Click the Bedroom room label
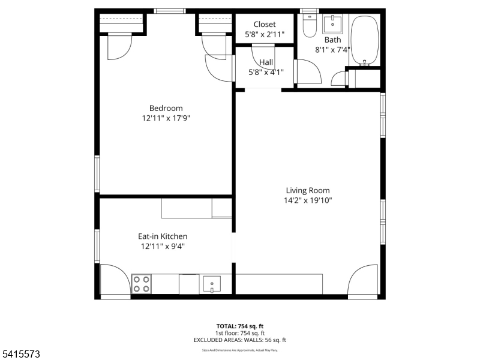(x=166, y=109)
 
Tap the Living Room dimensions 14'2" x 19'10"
(x=308, y=201)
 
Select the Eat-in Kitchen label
(x=163, y=236)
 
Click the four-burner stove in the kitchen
(x=141, y=284)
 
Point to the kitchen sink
(x=212, y=284)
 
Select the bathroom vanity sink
(x=332, y=25)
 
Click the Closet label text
(x=265, y=25)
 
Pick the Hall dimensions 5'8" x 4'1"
(x=266, y=72)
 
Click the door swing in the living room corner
(x=364, y=281)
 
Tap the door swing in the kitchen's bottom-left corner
(x=115, y=280)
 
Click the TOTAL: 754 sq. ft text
(x=240, y=326)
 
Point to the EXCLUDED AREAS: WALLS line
(x=240, y=340)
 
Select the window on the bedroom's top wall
(x=170, y=11)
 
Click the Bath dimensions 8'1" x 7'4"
(x=332, y=50)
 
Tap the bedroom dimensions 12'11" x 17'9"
(x=166, y=119)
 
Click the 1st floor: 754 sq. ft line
(x=240, y=333)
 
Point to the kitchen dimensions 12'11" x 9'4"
(x=163, y=247)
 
